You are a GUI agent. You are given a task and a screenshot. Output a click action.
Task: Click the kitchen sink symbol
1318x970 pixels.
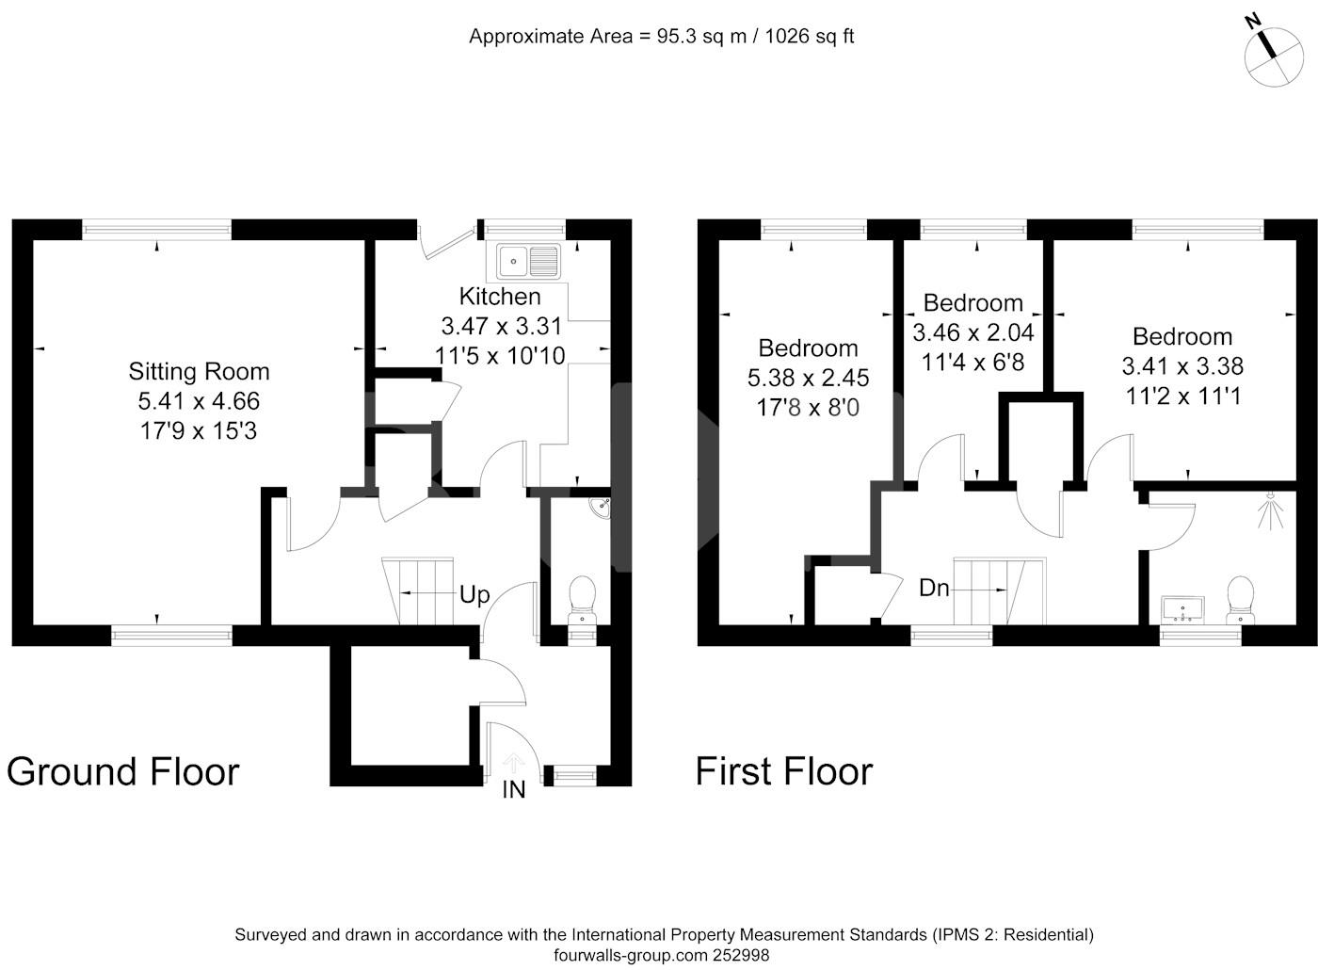(x=528, y=261)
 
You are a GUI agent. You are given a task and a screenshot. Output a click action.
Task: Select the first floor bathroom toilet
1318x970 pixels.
(x=1240, y=600)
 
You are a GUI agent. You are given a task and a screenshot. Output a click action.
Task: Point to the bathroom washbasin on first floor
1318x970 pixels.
(x=1182, y=610)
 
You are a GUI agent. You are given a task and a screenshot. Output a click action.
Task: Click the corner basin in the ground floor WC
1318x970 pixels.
(x=601, y=508)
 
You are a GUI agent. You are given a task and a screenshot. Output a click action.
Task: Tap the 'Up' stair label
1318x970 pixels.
(x=474, y=595)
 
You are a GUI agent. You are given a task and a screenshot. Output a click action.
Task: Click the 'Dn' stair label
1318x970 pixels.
(x=934, y=588)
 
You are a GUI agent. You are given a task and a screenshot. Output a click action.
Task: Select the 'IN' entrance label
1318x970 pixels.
(x=514, y=790)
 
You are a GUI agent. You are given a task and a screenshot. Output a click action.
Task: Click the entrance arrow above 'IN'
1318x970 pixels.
(x=514, y=764)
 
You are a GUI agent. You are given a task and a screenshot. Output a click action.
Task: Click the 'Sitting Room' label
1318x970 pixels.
(x=199, y=371)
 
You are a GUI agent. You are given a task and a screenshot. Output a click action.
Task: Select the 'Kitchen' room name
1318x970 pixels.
(x=500, y=297)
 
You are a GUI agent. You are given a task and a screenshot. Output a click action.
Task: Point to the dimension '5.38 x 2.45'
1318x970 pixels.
(x=808, y=378)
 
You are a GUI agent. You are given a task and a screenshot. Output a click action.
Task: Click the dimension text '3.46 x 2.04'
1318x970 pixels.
(x=973, y=332)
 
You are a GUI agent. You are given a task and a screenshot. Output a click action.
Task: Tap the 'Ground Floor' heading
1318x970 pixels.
(x=123, y=771)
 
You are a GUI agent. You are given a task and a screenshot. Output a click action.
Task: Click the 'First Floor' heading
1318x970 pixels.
(x=784, y=771)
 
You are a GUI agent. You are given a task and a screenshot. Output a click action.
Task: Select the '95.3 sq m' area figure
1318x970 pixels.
(x=701, y=37)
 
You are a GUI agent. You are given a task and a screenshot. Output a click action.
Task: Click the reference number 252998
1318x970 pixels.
(x=741, y=955)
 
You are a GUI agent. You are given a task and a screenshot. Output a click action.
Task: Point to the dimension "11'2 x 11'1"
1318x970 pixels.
(x=1183, y=396)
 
